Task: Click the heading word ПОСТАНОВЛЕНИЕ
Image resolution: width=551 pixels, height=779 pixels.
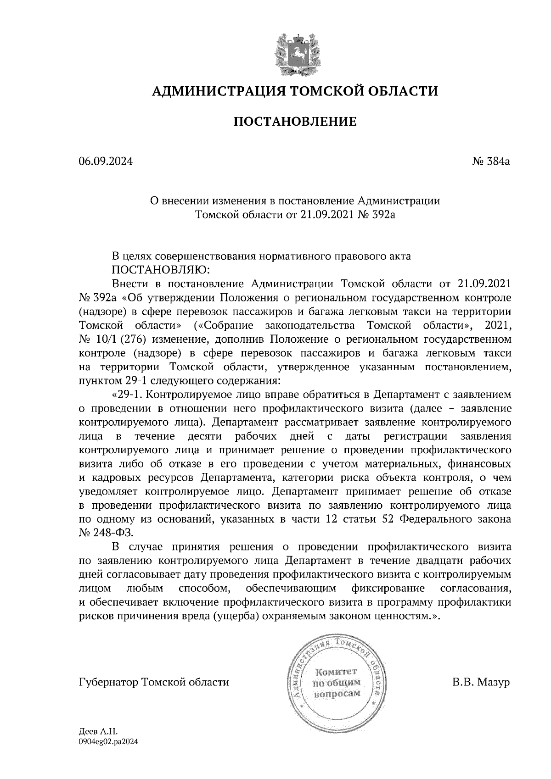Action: tap(295, 122)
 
